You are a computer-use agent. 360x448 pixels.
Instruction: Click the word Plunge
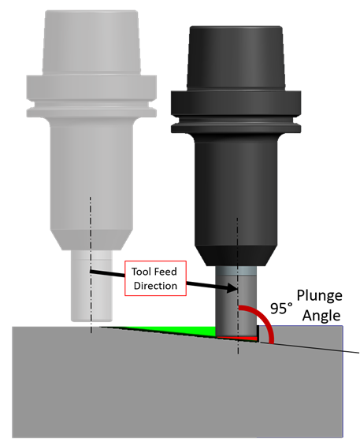tap(319, 296)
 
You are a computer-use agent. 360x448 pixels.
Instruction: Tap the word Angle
tap(321, 316)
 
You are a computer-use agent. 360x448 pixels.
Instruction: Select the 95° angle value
tap(281, 309)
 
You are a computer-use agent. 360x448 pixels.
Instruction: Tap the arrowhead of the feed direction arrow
tap(232, 288)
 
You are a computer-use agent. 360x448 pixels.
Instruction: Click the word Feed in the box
tap(166, 272)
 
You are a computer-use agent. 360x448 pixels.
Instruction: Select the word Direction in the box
tap(155, 286)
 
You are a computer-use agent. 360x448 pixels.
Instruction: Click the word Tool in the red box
tap(142, 272)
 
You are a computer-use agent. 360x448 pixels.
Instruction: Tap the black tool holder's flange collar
tap(236, 112)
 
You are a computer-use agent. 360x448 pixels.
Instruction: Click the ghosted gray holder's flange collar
tap(91, 96)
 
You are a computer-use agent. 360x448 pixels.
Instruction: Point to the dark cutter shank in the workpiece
tap(237, 304)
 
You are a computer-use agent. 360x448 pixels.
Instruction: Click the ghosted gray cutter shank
tap(91, 286)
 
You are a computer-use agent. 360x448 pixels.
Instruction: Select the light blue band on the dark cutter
tap(237, 271)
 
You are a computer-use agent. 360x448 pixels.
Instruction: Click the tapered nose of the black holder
tap(236, 255)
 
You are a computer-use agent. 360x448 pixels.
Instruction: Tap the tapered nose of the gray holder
tap(91, 240)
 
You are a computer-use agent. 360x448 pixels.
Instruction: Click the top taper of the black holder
tap(236, 57)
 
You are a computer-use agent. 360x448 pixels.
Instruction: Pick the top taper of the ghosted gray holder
tap(91, 43)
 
